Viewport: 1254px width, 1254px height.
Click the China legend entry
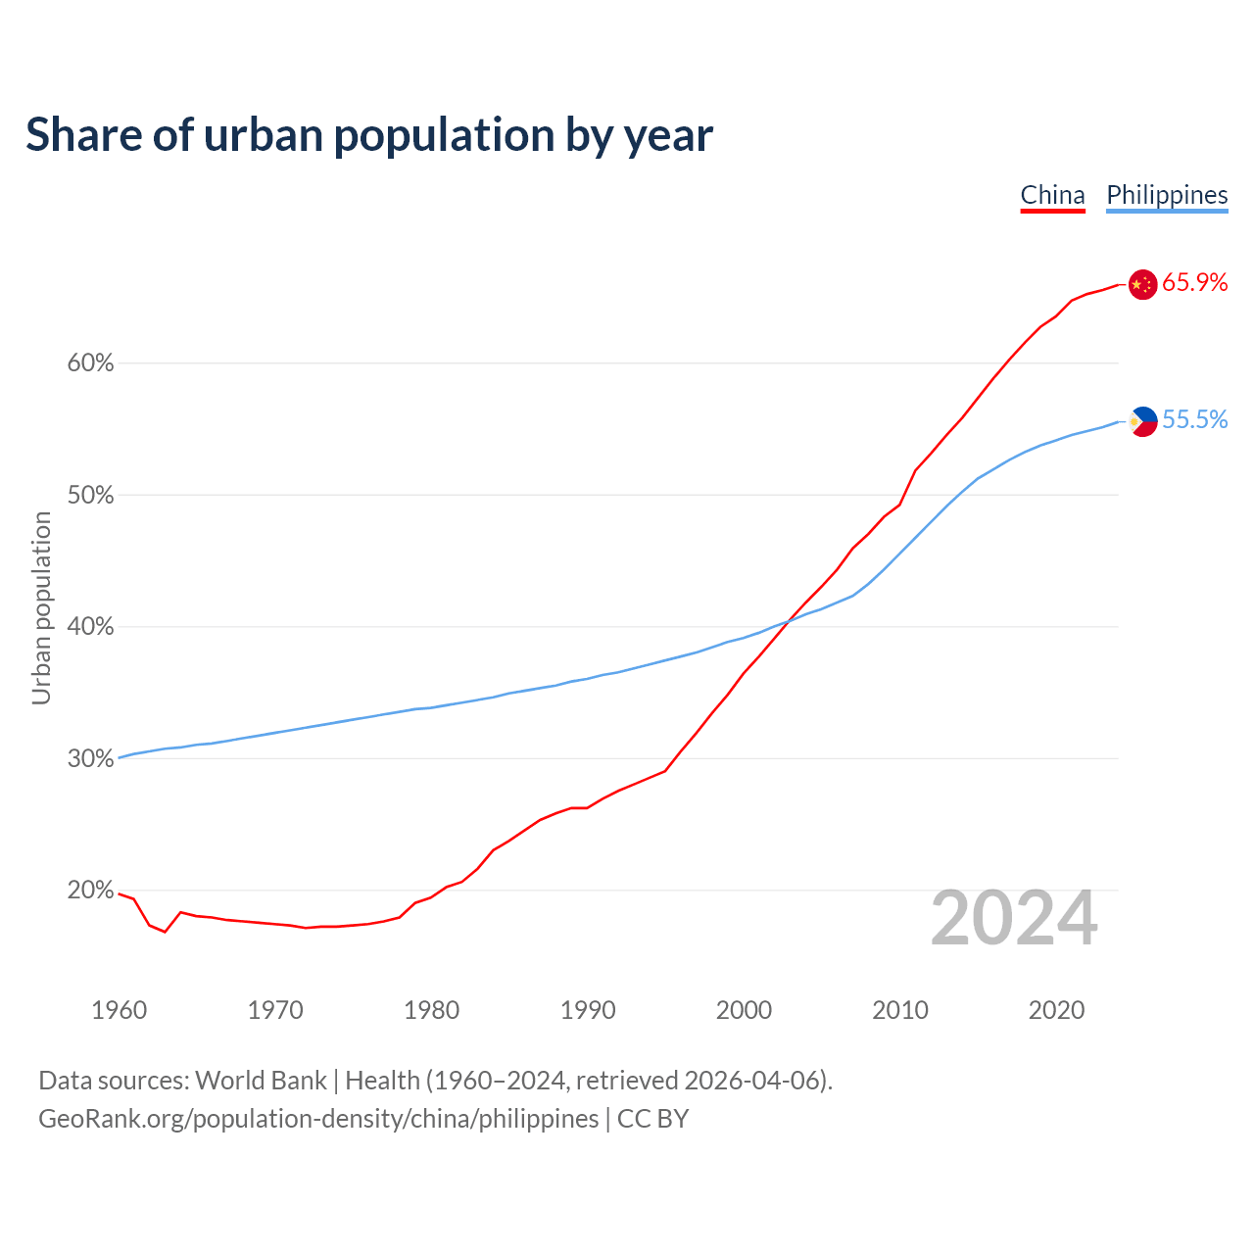coord(1052,195)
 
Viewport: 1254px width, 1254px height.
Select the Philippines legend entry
coord(1167,195)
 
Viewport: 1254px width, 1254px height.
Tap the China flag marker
coord(1142,284)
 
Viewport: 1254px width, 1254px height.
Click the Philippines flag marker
coord(1142,421)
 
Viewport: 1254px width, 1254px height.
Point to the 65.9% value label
coord(1194,283)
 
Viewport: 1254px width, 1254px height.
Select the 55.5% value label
coord(1194,420)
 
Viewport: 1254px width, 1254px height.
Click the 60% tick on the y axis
coord(90,363)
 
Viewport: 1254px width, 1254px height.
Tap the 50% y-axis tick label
coord(90,496)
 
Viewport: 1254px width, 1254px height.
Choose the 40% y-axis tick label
coord(90,627)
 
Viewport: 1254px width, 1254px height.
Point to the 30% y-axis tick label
coord(90,759)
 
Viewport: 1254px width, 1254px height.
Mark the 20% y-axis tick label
coord(90,891)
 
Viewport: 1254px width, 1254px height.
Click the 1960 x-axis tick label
coord(119,1010)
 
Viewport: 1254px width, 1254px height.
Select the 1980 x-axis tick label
coord(431,1010)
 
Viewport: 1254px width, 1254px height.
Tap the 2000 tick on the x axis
coord(744,1010)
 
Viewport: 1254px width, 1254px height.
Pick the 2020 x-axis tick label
coord(1056,1010)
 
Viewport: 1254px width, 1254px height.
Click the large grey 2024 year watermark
coord(1013,919)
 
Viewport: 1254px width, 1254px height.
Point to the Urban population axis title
coord(41,607)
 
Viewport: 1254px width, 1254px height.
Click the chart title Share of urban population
coord(368,135)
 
